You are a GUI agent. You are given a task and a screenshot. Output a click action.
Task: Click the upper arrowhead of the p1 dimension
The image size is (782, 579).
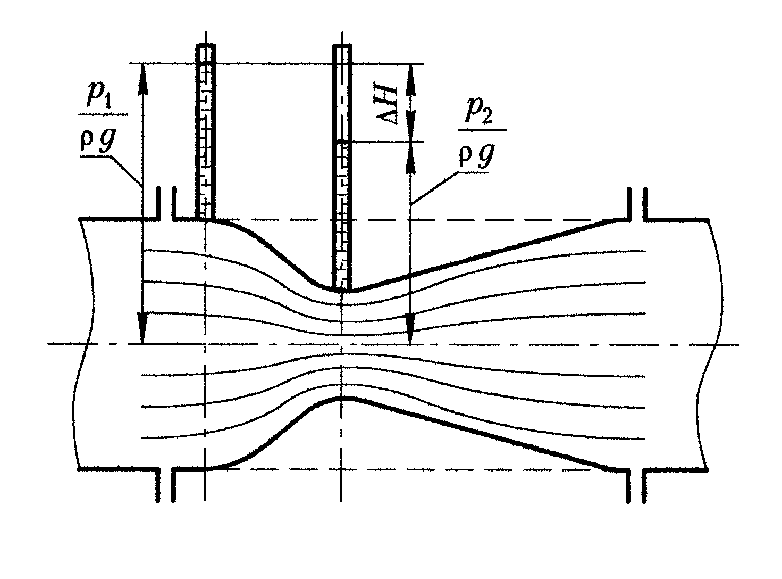(x=143, y=72)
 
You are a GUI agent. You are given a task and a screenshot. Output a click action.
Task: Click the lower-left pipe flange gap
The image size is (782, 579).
(x=166, y=484)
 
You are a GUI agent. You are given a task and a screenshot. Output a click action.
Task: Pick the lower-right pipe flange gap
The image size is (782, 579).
(x=636, y=484)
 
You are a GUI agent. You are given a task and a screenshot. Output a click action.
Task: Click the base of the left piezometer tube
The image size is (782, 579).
(x=206, y=217)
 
